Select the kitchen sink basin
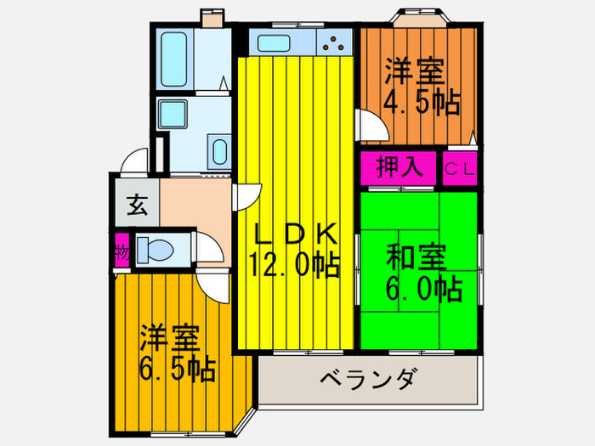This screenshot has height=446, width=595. click(275, 42)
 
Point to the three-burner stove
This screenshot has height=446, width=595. click(337, 42)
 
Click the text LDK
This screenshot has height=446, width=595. click(297, 233)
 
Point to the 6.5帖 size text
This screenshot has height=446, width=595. click(177, 369)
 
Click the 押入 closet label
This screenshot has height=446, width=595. click(399, 166)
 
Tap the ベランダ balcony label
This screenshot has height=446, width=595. click(368, 378)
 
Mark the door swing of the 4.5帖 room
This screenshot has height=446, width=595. click(370, 128)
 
